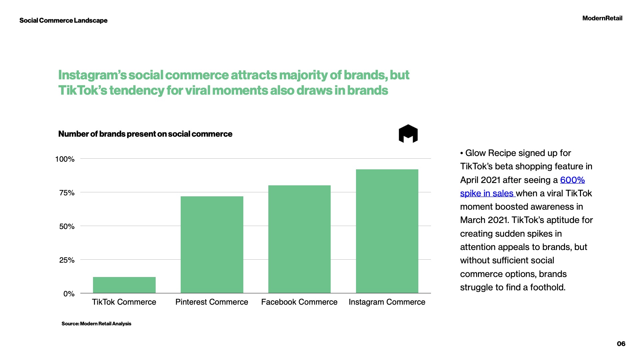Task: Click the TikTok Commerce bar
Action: (124, 285)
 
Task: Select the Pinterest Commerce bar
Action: (212, 245)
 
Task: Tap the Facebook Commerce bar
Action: (299, 239)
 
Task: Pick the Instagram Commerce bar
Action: (387, 231)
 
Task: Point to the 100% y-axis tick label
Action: (65, 159)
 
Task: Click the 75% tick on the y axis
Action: (67, 193)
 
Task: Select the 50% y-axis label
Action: (67, 227)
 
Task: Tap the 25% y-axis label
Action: (67, 260)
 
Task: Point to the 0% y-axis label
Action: (69, 294)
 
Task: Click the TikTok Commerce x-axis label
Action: (124, 302)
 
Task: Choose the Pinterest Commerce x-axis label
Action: (212, 302)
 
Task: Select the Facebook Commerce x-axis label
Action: (299, 302)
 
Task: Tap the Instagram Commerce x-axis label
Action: (387, 302)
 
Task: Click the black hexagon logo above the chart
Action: (408, 134)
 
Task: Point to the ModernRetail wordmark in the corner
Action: (602, 18)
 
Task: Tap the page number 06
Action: (621, 344)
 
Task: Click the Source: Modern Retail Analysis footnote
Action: (96, 324)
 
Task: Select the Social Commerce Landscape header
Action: (63, 21)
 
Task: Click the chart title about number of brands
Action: (145, 134)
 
